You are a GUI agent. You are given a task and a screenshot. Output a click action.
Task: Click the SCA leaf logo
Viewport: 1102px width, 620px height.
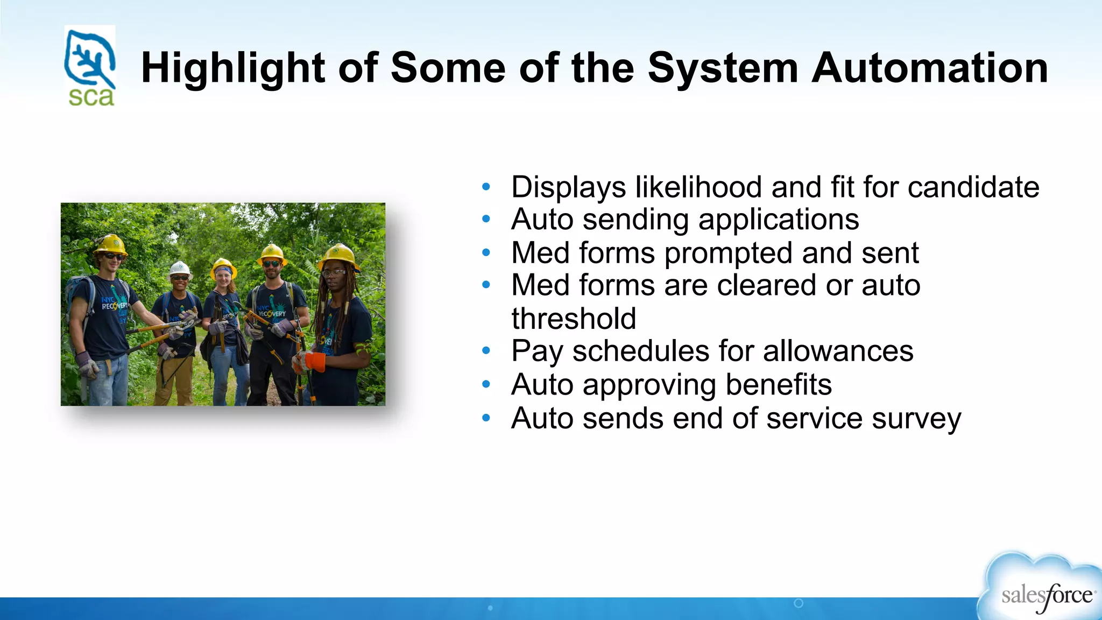pos(89,66)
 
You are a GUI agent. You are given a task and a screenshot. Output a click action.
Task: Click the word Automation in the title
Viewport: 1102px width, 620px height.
pos(930,68)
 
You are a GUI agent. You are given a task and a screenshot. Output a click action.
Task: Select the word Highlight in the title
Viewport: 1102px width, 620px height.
pos(232,68)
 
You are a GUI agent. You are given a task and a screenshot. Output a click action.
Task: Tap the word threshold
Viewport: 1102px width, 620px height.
pos(574,319)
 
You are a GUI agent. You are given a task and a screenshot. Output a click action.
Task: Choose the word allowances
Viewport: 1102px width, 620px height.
pos(838,351)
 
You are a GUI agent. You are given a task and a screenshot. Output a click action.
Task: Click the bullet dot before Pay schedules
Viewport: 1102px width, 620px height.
pos(486,351)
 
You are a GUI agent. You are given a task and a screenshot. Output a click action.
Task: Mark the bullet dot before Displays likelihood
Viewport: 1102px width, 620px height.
pos(486,187)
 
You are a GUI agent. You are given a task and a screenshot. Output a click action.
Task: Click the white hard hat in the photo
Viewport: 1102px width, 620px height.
pos(180,267)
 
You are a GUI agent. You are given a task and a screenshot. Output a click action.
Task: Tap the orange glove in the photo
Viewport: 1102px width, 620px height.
pos(315,362)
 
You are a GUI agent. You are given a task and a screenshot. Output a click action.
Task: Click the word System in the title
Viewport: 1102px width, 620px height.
pos(723,68)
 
